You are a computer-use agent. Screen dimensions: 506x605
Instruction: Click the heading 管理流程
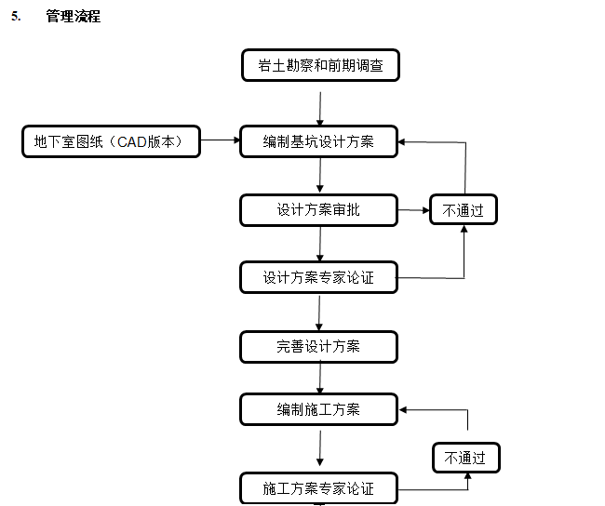(x=73, y=17)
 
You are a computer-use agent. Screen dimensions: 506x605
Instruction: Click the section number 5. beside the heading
(x=17, y=17)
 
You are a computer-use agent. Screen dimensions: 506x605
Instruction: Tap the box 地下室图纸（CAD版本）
(x=111, y=141)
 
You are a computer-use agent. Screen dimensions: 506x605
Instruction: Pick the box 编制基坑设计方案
(x=319, y=141)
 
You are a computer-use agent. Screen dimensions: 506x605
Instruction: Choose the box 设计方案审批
(x=318, y=210)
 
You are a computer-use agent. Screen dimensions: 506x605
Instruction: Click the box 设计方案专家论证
(x=318, y=277)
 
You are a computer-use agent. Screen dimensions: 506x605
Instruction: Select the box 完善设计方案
(x=318, y=346)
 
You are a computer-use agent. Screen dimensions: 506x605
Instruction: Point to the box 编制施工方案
(x=318, y=409)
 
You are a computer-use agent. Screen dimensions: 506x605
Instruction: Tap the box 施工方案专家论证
(x=318, y=488)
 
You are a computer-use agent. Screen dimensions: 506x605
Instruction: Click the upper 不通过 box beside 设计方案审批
(x=464, y=210)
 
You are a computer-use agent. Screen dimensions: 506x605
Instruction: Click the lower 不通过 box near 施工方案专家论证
(x=465, y=458)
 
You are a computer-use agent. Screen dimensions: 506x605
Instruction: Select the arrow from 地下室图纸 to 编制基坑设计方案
(x=220, y=140)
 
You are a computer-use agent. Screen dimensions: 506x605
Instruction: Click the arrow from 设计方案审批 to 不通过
(x=413, y=210)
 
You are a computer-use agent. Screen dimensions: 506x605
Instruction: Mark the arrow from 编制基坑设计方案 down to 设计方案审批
(x=319, y=176)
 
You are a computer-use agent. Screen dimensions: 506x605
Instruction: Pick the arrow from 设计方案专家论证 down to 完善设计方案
(x=319, y=312)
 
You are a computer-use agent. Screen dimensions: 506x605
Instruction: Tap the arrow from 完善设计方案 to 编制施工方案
(x=319, y=378)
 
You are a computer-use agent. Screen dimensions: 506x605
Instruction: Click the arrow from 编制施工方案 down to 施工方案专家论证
(x=319, y=448)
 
